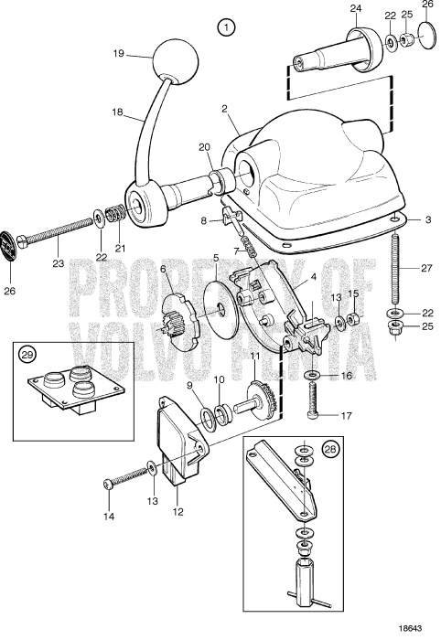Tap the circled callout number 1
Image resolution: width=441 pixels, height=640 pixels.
point(226,27)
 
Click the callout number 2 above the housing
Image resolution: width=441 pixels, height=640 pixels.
point(222,108)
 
